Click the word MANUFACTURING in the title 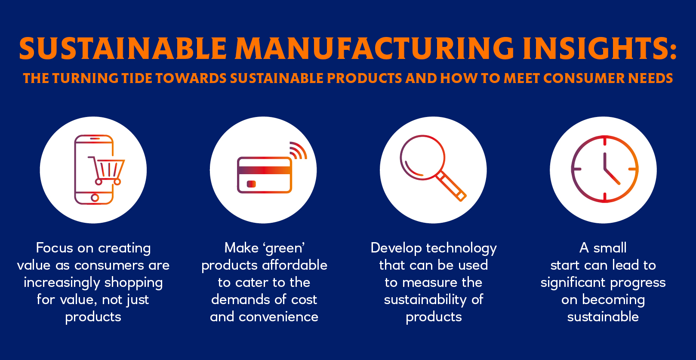click(374, 49)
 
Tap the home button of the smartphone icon click(95, 197)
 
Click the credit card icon click(265, 175)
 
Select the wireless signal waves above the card click(298, 151)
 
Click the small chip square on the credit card click(251, 184)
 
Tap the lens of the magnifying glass click(422, 157)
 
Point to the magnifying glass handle click(452, 187)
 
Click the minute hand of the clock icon click(612, 177)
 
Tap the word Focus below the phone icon click(54, 248)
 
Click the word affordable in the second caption click(295, 265)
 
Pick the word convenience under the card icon click(278, 317)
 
